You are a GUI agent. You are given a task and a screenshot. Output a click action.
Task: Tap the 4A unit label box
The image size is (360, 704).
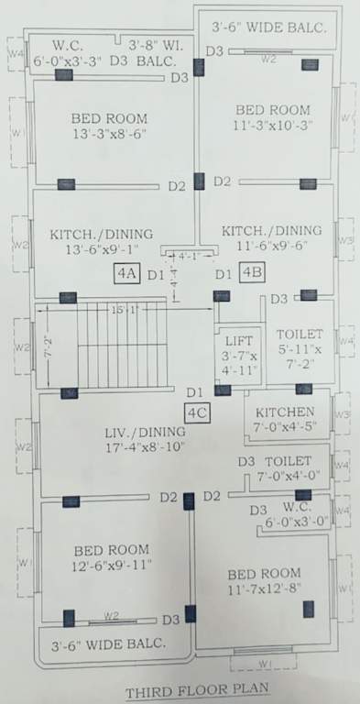pos(125,273)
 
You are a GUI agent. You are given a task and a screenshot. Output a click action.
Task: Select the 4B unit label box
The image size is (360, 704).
pos(252,272)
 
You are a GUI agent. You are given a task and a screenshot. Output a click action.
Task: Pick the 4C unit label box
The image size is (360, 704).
pos(198,413)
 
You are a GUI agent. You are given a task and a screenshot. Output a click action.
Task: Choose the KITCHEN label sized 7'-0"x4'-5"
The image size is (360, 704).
pos(286,412)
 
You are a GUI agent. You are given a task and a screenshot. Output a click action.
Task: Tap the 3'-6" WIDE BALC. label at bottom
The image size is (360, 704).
pos(108,643)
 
